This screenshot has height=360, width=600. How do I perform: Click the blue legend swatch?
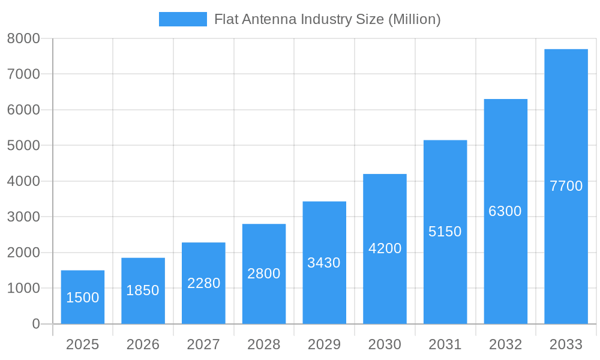182,19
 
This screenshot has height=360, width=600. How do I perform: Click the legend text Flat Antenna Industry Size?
327,19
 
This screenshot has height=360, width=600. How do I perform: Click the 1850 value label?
143,290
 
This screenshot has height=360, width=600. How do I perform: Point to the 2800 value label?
264,274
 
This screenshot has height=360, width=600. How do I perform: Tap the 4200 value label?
385,248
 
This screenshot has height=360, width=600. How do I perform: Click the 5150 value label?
445,232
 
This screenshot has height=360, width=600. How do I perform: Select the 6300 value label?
505,211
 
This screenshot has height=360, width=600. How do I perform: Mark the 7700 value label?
566,186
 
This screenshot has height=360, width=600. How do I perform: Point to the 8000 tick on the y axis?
23,38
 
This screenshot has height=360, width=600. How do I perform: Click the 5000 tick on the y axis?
23,146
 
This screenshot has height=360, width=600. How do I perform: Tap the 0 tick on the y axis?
35,324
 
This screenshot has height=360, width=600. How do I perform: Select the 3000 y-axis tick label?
23,217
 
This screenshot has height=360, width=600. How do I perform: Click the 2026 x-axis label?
143,344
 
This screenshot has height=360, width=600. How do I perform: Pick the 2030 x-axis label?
385,344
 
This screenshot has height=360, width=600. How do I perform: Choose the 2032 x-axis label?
505,344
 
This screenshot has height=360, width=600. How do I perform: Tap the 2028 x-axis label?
264,344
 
